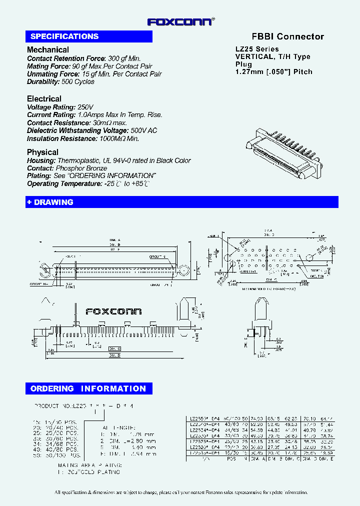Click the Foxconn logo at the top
[180, 21]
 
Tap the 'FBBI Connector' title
[287, 36]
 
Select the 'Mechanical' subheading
[48, 50]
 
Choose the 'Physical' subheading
[42, 152]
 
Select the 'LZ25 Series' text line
[257, 49]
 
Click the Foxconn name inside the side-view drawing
[113, 311]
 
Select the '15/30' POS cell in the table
[231, 452]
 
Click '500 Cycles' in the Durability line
[78, 81]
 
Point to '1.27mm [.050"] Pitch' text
[273, 71]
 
